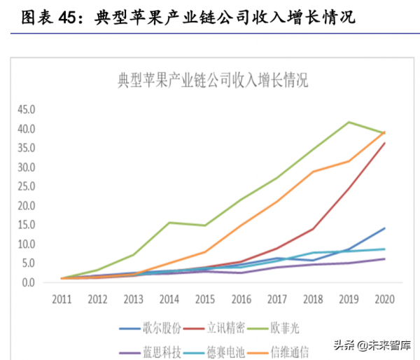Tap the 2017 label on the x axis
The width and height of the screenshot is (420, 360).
point(277,299)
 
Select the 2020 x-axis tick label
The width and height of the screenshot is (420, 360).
point(384,299)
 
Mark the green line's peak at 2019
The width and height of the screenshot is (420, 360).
point(349,122)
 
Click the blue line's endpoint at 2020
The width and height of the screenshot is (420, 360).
point(384,228)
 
